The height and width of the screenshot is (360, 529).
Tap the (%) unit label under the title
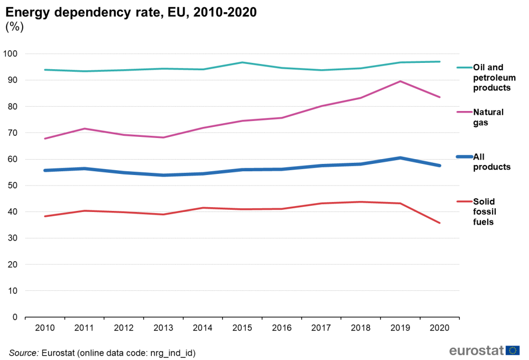coord(14,27)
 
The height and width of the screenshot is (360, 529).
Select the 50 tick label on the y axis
coord(13,186)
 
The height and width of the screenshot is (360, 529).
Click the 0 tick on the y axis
coord(15,317)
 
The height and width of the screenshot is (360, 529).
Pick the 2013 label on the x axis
coord(163,328)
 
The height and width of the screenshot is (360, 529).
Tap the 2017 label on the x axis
coord(321,328)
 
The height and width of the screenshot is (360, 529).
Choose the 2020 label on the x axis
coord(440,328)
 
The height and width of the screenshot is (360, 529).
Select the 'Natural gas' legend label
coord(488,117)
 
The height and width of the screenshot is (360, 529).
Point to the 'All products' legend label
coord(491,162)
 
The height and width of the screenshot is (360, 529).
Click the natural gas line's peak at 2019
coord(400,81)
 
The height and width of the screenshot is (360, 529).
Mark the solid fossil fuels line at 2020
coord(440,223)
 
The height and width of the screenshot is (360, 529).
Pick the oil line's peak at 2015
coord(242,62)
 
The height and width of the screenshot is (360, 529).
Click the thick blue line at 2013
coord(163,175)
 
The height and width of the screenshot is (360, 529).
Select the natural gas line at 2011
coord(84,128)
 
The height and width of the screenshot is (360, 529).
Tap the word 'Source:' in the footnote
coord(23,353)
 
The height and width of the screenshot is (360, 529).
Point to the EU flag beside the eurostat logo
coord(513,350)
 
